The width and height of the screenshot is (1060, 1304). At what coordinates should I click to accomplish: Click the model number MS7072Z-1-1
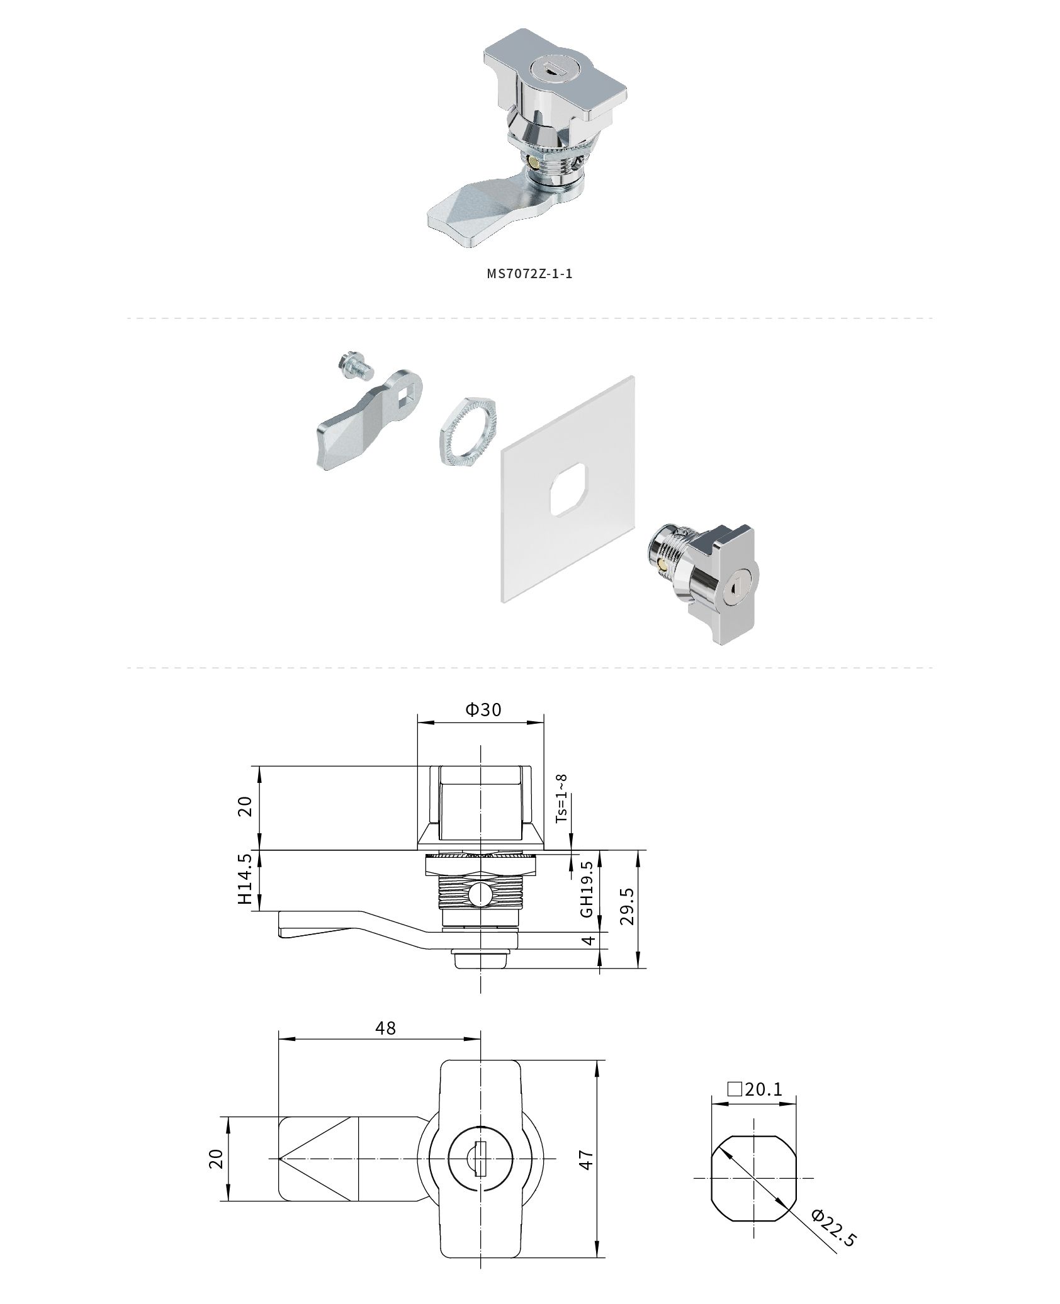tap(529, 274)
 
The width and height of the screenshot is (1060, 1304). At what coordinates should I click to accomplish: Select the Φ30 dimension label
tap(483, 709)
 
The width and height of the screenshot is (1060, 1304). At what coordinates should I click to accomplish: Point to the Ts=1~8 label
tap(561, 798)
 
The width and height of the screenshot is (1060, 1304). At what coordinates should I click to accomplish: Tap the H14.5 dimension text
tap(245, 879)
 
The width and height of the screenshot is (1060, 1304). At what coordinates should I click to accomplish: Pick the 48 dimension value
tap(385, 1045)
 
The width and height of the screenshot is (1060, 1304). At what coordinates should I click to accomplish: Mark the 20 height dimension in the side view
tap(245, 806)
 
